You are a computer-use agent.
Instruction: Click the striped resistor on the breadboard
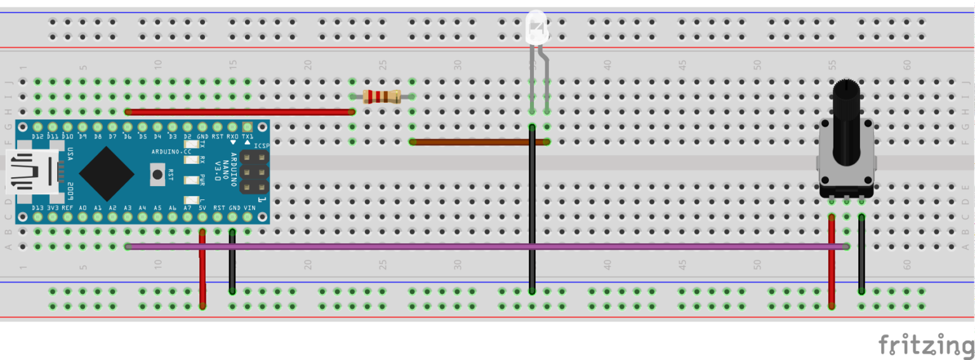(381, 97)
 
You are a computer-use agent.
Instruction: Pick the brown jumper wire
(476, 142)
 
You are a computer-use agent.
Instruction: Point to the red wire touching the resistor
(241, 112)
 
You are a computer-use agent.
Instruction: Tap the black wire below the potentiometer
(861, 254)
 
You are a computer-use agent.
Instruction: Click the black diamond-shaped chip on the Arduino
(106, 173)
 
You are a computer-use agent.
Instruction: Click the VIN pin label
(249, 208)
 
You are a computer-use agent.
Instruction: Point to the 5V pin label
(202, 208)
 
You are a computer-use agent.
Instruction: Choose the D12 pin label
(37, 137)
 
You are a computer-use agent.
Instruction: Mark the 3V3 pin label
(53, 208)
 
